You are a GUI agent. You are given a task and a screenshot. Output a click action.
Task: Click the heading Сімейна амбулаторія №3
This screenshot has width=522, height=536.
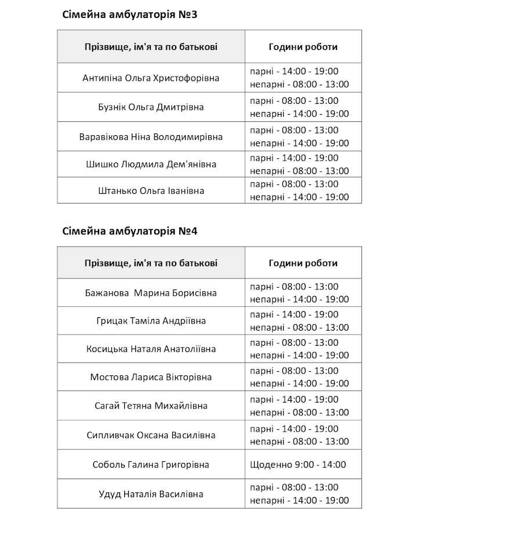pos(130,15)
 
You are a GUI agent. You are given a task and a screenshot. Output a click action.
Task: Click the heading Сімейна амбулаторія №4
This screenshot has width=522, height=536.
pos(130,231)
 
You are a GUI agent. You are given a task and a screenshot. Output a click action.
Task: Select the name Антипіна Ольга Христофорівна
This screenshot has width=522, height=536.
pos(151,78)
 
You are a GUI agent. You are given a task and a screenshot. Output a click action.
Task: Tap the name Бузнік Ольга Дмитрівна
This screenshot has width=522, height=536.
pos(151,107)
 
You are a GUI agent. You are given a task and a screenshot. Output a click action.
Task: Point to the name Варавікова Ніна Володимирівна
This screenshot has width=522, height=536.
pos(151,137)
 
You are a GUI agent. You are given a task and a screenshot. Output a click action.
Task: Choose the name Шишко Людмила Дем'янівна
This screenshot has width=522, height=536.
pos(151,164)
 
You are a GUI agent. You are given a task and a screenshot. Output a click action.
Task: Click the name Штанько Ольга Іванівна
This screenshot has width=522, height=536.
pos(151,191)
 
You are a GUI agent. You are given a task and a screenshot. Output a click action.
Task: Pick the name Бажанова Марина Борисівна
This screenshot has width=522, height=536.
pos(151,293)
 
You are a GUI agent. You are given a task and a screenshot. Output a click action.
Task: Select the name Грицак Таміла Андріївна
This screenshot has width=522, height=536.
pos(151,321)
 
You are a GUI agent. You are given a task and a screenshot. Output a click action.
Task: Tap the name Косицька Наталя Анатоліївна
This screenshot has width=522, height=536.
pos(151,349)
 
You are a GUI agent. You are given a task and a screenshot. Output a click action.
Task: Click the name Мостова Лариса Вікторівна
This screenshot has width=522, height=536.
pos(151,377)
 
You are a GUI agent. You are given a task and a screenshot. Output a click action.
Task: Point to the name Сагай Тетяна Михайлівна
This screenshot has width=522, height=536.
pos(151,406)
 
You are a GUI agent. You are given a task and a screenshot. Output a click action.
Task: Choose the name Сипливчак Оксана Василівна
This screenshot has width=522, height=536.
pos(151,435)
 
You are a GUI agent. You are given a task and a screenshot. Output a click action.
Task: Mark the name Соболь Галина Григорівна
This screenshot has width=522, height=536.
pos(151,465)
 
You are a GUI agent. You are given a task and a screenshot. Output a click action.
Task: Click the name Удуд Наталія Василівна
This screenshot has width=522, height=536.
pos(151,494)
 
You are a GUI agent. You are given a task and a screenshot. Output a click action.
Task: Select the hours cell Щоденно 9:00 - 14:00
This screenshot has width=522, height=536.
pos(298,465)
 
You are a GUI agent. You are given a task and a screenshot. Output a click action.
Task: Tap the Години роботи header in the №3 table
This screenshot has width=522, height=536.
pos(303,47)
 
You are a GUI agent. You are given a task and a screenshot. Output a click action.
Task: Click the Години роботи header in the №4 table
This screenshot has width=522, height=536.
pos(303,263)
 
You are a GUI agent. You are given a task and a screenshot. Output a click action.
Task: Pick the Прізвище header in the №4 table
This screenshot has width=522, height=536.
pos(151,263)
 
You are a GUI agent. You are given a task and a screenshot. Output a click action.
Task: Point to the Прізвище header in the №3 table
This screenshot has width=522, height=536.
pos(151,47)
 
